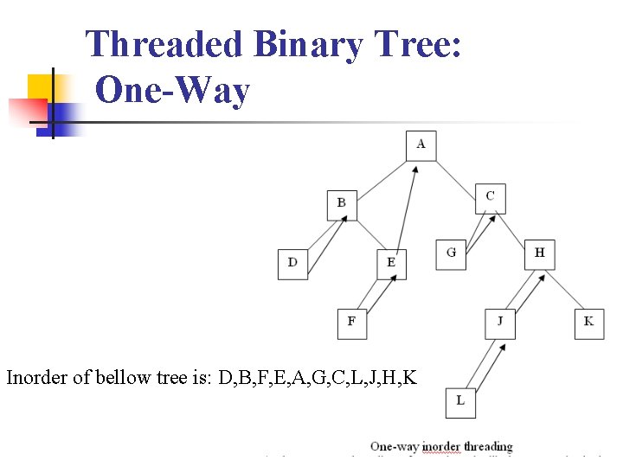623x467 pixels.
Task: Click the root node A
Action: (421, 145)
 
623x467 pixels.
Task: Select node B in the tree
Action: (342, 204)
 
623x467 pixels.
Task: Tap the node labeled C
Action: (491, 198)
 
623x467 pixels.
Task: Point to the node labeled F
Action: (351, 323)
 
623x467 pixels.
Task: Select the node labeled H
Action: (539, 254)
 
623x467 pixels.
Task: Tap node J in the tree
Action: (500, 323)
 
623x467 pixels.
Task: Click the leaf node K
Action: (589, 323)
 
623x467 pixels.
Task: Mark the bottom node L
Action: (460, 402)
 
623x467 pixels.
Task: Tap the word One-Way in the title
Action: (173, 90)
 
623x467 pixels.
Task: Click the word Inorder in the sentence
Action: (36, 377)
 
